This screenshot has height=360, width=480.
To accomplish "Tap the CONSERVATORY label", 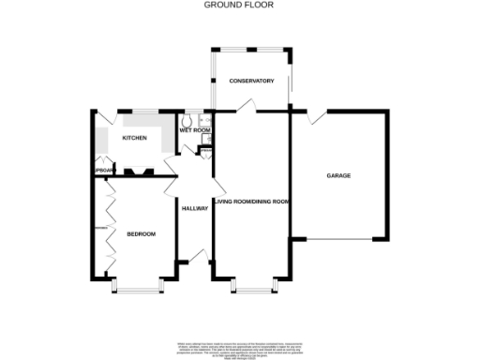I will pos(251,82).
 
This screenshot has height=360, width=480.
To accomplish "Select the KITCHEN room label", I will pos(134,139).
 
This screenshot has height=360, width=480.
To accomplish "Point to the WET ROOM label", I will pos(192,130).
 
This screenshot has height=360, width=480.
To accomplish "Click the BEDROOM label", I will pos(141,233).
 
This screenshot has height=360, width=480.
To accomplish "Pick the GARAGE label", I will pos(338,175).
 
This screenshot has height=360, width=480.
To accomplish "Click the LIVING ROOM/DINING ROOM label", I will pos(251,202).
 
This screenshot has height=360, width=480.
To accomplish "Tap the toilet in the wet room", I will pos(186,121).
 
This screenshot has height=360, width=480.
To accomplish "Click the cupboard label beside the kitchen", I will pos(102,170).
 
